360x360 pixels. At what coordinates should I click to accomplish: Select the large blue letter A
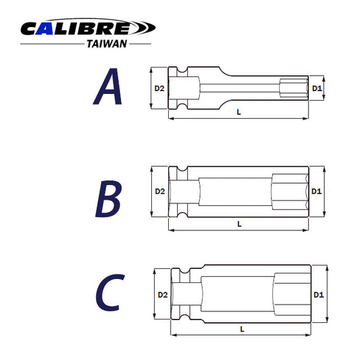click(x=108, y=88)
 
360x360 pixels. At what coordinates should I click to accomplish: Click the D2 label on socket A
click(x=159, y=88)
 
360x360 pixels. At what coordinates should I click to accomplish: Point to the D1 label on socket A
click(x=317, y=88)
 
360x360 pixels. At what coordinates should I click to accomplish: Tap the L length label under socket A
click(x=239, y=112)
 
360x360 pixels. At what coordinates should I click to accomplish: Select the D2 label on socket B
click(x=159, y=192)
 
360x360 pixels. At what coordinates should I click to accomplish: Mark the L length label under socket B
click(x=239, y=224)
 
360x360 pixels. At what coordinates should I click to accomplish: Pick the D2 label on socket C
click(x=162, y=295)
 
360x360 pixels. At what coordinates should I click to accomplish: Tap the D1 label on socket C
click(x=319, y=295)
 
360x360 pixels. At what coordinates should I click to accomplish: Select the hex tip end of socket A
click(x=294, y=88)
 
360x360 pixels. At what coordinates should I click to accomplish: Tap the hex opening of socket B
click(x=289, y=192)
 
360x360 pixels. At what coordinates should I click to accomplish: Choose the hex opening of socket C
click(x=291, y=295)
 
